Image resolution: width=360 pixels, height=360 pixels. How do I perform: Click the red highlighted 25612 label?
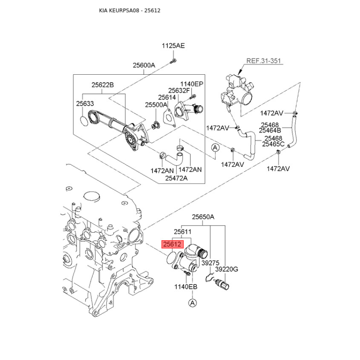(x=173, y=244)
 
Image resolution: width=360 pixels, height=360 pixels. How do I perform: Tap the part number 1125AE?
(x=173, y=46)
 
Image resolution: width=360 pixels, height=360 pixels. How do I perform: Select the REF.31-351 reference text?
(x=264, y=61)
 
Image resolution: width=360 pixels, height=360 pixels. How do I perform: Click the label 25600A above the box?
(x=144, y=65)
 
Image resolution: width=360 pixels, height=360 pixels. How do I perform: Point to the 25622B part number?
(x=103, y=85)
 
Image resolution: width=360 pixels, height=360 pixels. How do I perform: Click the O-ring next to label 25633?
(x=84, y=121)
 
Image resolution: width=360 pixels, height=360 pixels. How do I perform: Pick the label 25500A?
(x=156, y=105)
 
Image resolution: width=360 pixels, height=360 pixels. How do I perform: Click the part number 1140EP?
(x=192, y=84)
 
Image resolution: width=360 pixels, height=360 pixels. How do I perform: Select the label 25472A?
(x=176, y=178)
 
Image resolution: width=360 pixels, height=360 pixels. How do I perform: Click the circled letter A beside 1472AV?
(x=215, y=148)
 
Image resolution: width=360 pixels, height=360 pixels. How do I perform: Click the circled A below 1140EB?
(x=193, y=303)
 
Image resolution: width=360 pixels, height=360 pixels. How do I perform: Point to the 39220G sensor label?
(x=227, y=269)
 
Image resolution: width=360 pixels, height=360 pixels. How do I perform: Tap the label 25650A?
(x=203, y=217)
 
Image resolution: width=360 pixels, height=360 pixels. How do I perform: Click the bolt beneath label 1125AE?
(x=173, y=62)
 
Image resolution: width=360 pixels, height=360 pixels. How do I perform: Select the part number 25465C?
(x=273, y=144)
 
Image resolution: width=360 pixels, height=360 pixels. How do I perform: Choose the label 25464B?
(x=270, y=130)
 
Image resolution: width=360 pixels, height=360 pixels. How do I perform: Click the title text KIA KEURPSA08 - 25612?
(x=130, y=10)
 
